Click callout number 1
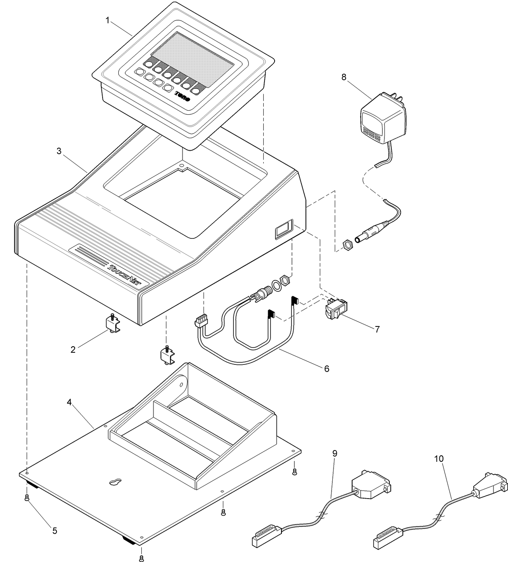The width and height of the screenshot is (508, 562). (x=107, y=21)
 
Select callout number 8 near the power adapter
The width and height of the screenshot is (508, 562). (x=344, y=77)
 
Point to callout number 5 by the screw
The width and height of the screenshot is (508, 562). (x=55, y=530)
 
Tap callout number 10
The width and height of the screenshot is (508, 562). (x=439, y=459)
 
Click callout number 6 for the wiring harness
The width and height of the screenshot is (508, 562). (x=326, y=368)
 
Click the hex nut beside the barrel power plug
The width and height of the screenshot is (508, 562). (x=346, y=245)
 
